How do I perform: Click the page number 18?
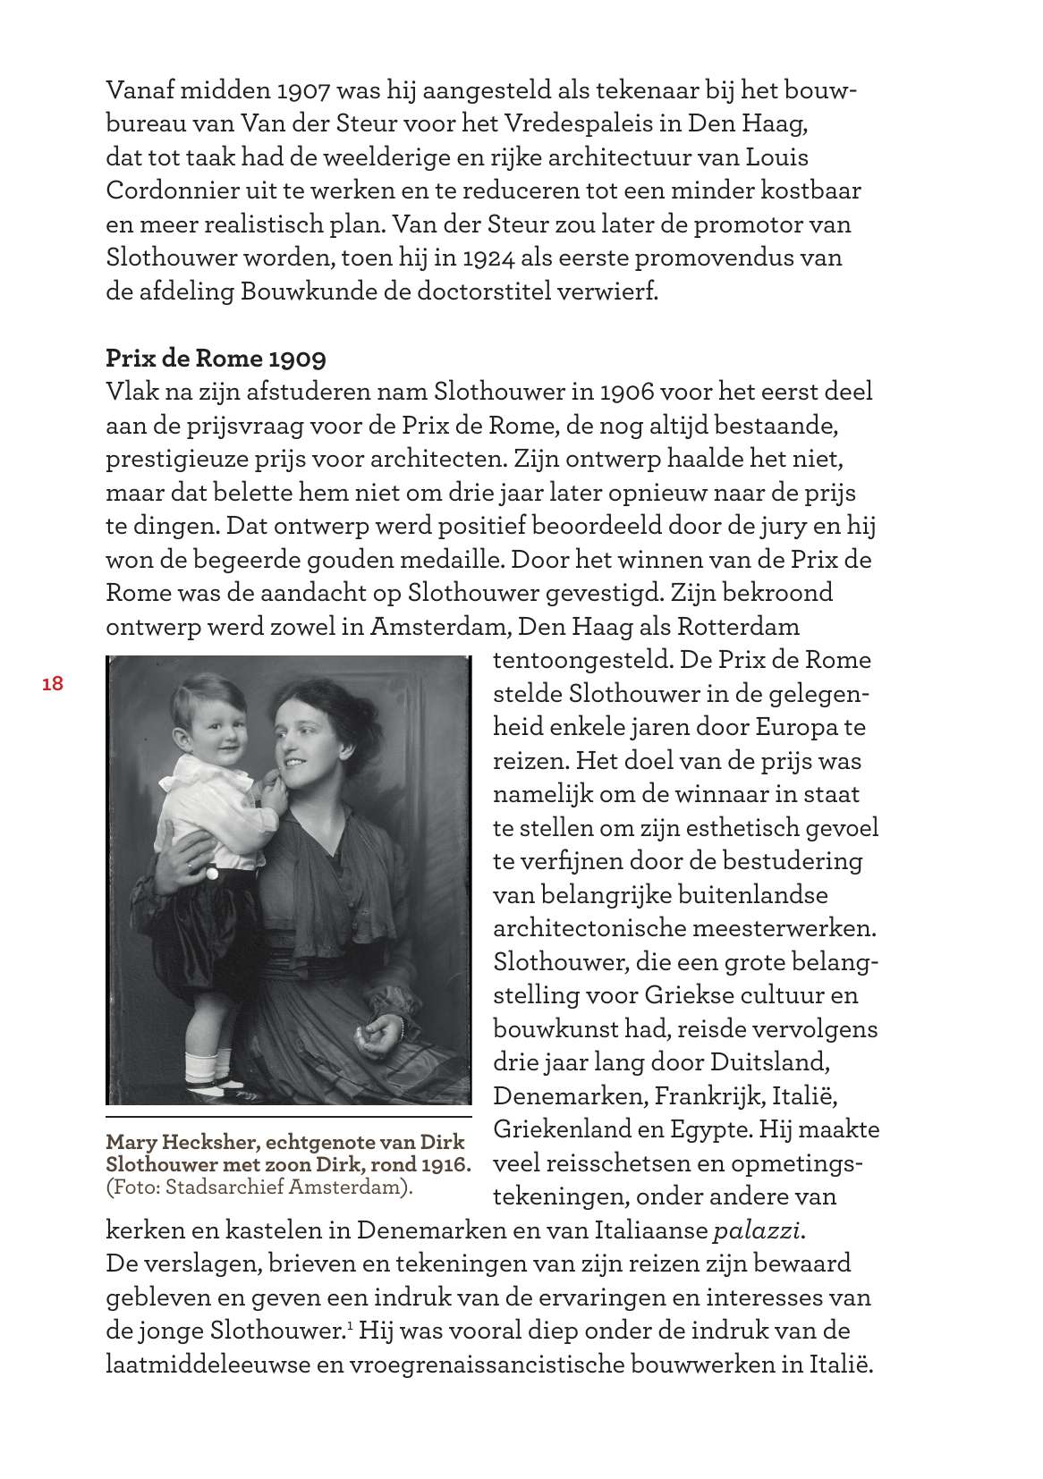52,684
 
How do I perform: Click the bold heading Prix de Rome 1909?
216,359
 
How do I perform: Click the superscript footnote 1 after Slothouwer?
347,1324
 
